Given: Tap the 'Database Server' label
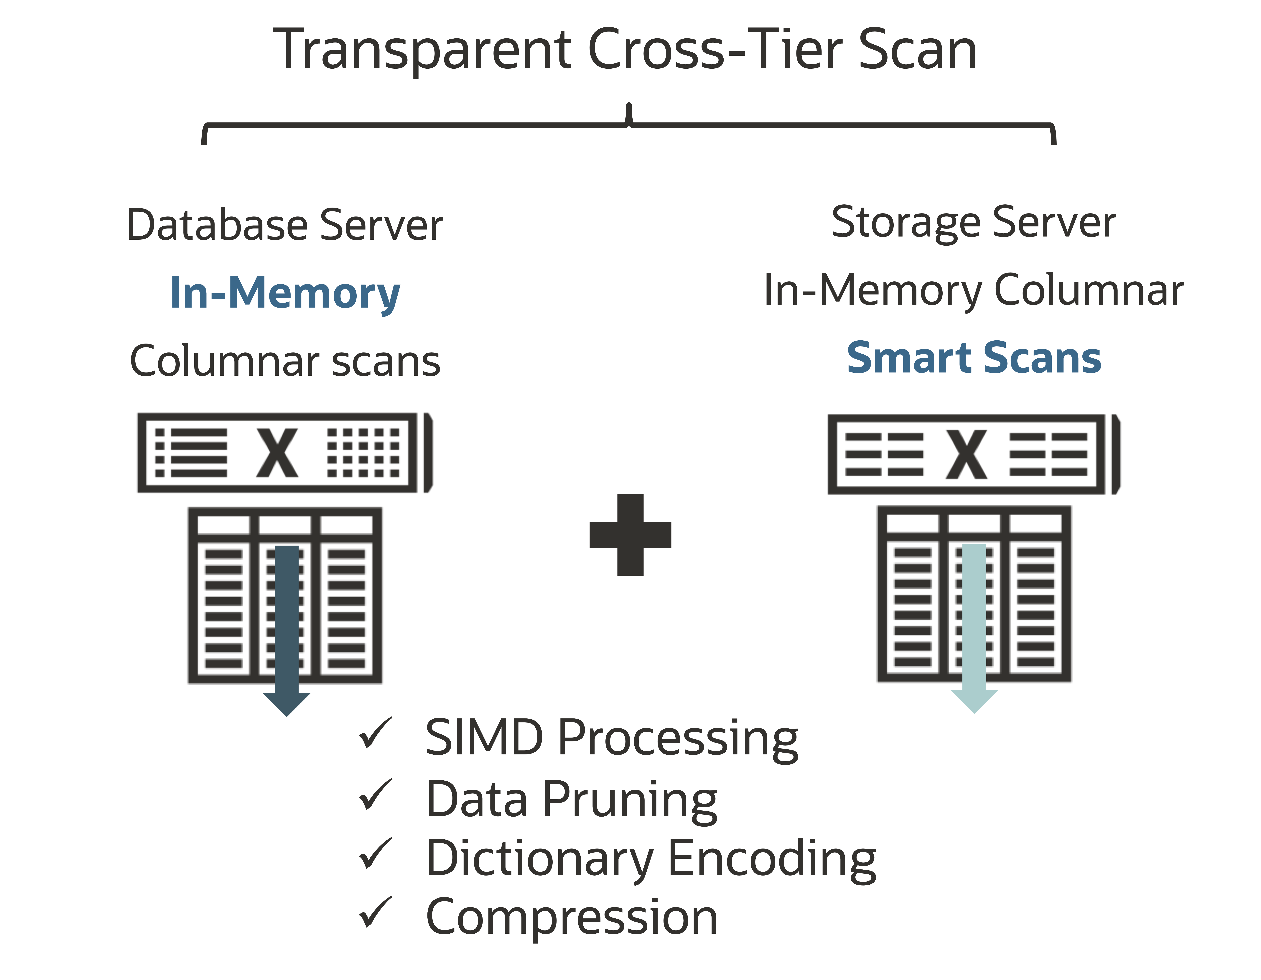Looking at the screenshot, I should point(285,225).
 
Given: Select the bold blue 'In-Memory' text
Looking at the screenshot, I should point(285,293).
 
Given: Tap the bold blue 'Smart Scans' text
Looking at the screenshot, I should point(973,358).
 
